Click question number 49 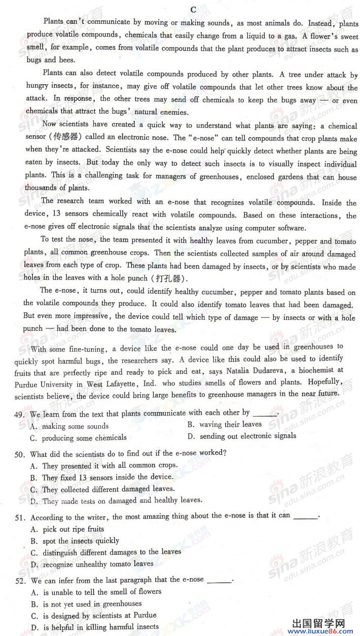coord(20,414)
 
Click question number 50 coord(20,453)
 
